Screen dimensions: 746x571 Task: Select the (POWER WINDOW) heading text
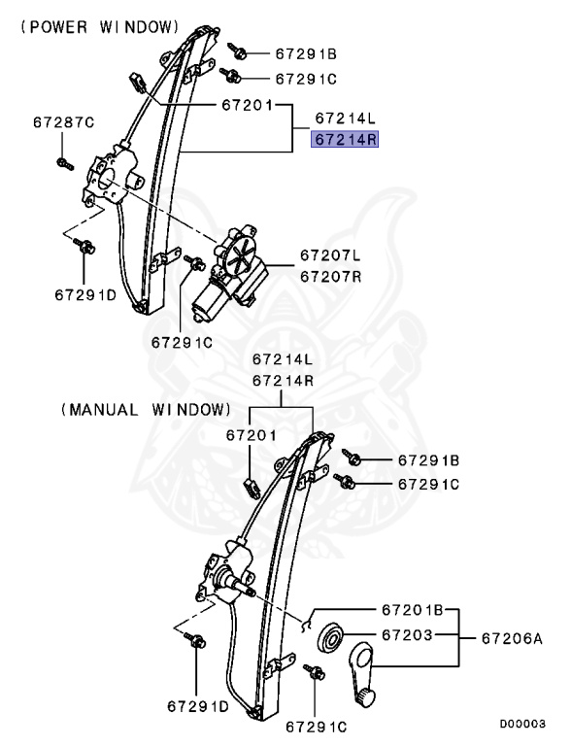(94, 27)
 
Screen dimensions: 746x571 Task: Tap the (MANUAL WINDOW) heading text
(146, 409)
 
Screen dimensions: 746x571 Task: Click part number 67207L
(329, 256)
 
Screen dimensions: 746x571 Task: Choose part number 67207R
(329, 276)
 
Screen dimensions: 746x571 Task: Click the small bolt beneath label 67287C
(62, 159)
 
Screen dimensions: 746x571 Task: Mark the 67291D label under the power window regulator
(86, 294)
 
